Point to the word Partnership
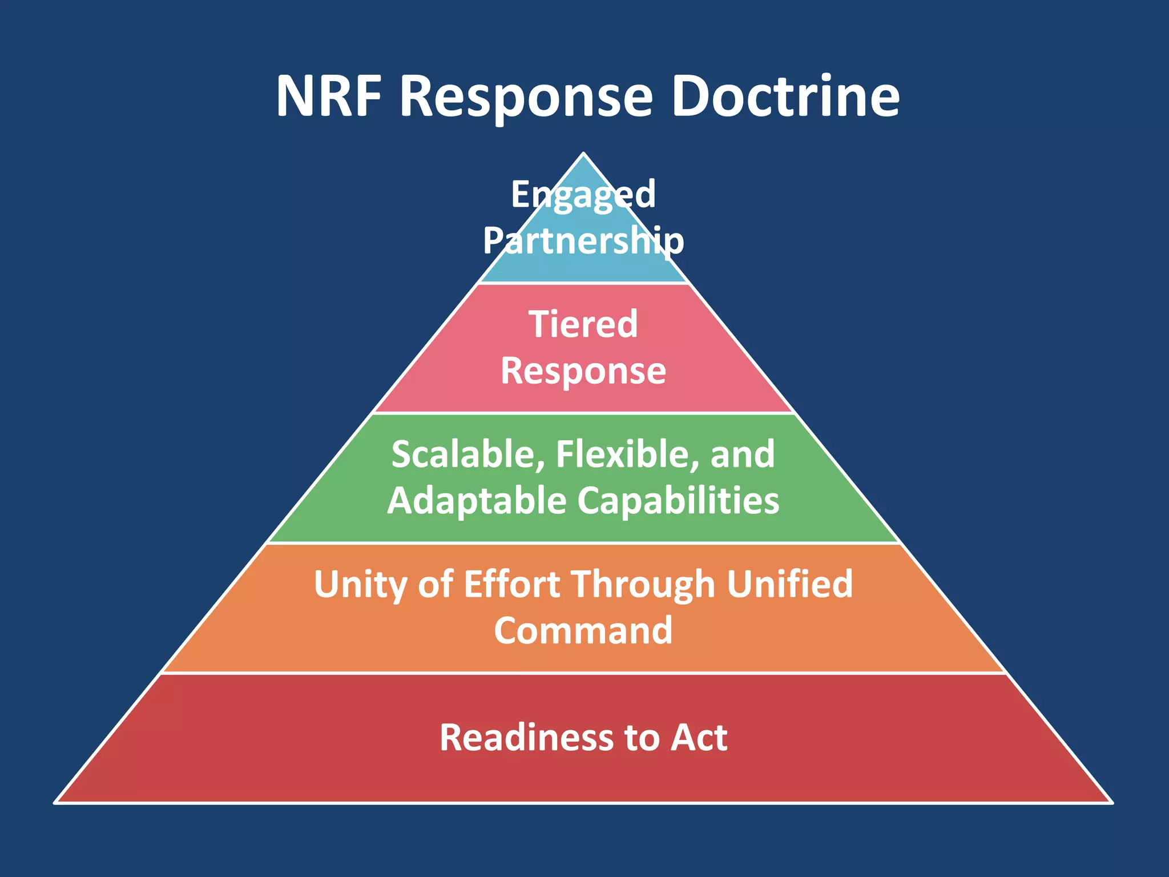583,241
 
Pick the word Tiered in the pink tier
583,324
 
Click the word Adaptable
477,501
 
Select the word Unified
790,585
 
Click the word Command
583,631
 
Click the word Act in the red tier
699,738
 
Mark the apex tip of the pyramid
583,153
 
